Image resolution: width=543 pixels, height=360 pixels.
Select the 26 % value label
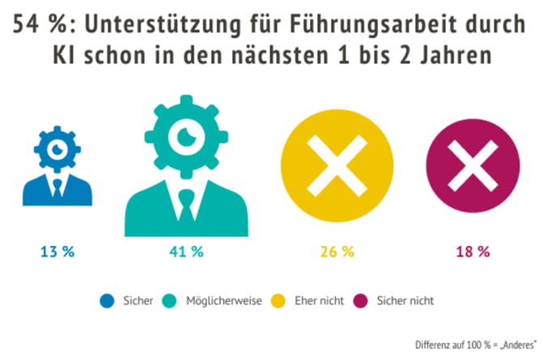[337, 252]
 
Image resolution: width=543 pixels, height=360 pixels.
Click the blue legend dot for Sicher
[107, 300]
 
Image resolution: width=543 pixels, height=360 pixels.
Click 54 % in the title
[41, 25]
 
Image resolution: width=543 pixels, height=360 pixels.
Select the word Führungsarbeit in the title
[357, 25]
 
